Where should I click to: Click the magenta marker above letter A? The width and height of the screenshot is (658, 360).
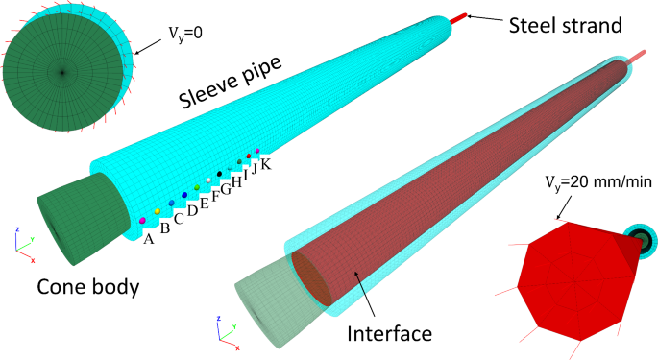[x=142, y=221]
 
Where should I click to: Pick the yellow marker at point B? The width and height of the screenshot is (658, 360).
[x=158, y=211]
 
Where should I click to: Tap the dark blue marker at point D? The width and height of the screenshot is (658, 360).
[x=184, y=195]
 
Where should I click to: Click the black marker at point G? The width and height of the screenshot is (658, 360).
[x=220, y=174]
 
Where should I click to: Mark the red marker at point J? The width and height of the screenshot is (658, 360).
[x=249, y=156]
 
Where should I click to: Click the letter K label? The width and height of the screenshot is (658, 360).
[x=266, y=164]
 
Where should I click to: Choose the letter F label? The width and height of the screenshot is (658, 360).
[x=215, y=196]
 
